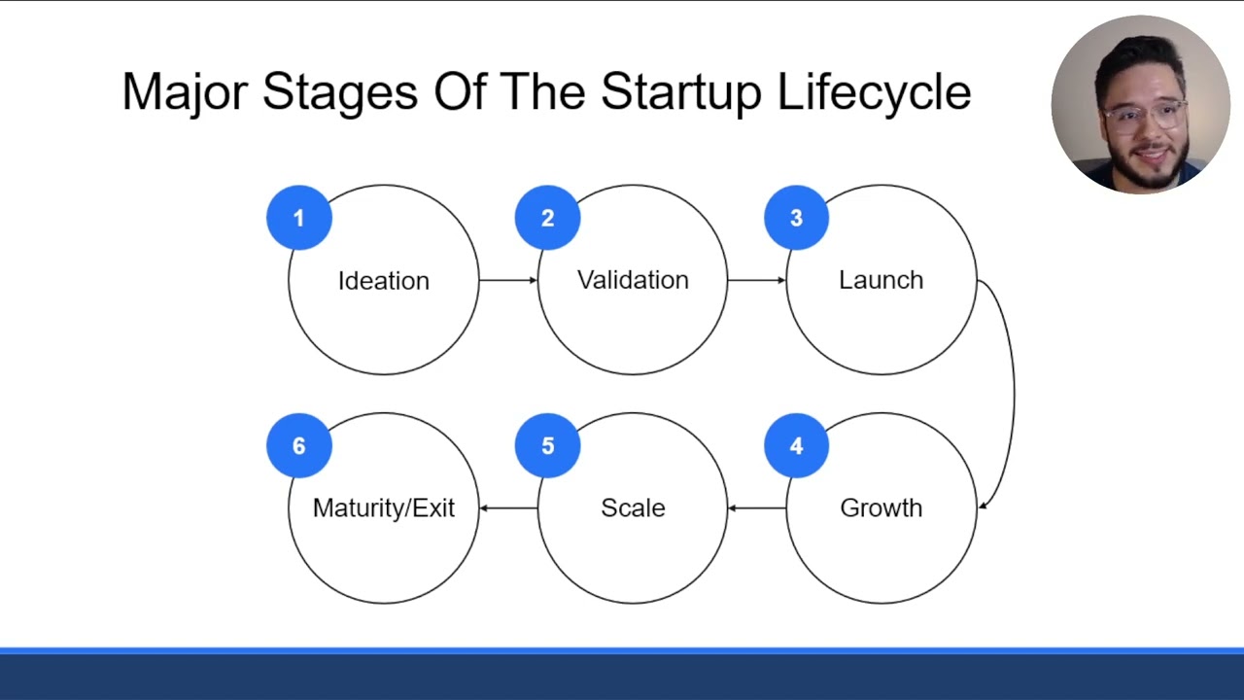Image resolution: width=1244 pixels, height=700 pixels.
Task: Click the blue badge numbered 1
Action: pyautogui.click(x=299, y=218)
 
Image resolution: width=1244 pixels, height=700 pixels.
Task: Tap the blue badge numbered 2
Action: pyautogui.click(x=548, y=218)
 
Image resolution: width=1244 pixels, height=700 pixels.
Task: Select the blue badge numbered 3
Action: pyautogui.click(x=797, y=218)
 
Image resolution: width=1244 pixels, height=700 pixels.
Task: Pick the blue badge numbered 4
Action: pyautogui.click(x=797, y=445)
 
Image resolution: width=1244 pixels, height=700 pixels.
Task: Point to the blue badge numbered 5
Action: pyautogui.click(x=548, y=445)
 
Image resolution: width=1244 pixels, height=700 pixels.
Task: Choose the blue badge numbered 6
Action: pyautogui.click(x=299, y=445)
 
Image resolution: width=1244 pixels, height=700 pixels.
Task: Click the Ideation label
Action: pyautogui.click(x=383, y=281)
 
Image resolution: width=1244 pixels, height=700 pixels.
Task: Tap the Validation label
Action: pyautogui.click(x=633, y=280)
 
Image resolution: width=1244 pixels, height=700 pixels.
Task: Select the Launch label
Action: pyautogui.click(x=881, y=280)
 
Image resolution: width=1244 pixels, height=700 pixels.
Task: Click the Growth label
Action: pyautogui.click(x=881, y=507)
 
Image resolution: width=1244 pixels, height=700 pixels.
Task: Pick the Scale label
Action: pyautogui.click(x=633, y=507)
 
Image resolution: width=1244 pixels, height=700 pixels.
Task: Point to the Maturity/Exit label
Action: pyautogui.click(x=383, y=507)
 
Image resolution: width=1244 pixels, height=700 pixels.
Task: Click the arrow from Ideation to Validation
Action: pyautogui.click(x=507, y=280)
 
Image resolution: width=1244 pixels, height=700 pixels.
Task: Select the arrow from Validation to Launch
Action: pyautogui.click(x=756, y=280)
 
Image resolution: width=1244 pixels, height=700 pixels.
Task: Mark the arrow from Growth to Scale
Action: pyautogui.click(x=756, y=507)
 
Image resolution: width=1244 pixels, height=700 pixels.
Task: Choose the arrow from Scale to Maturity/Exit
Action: pyautogui.click(x=507, y=507)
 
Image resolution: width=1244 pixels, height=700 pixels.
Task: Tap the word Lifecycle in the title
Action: pyautogui.click(x=874, y=93)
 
